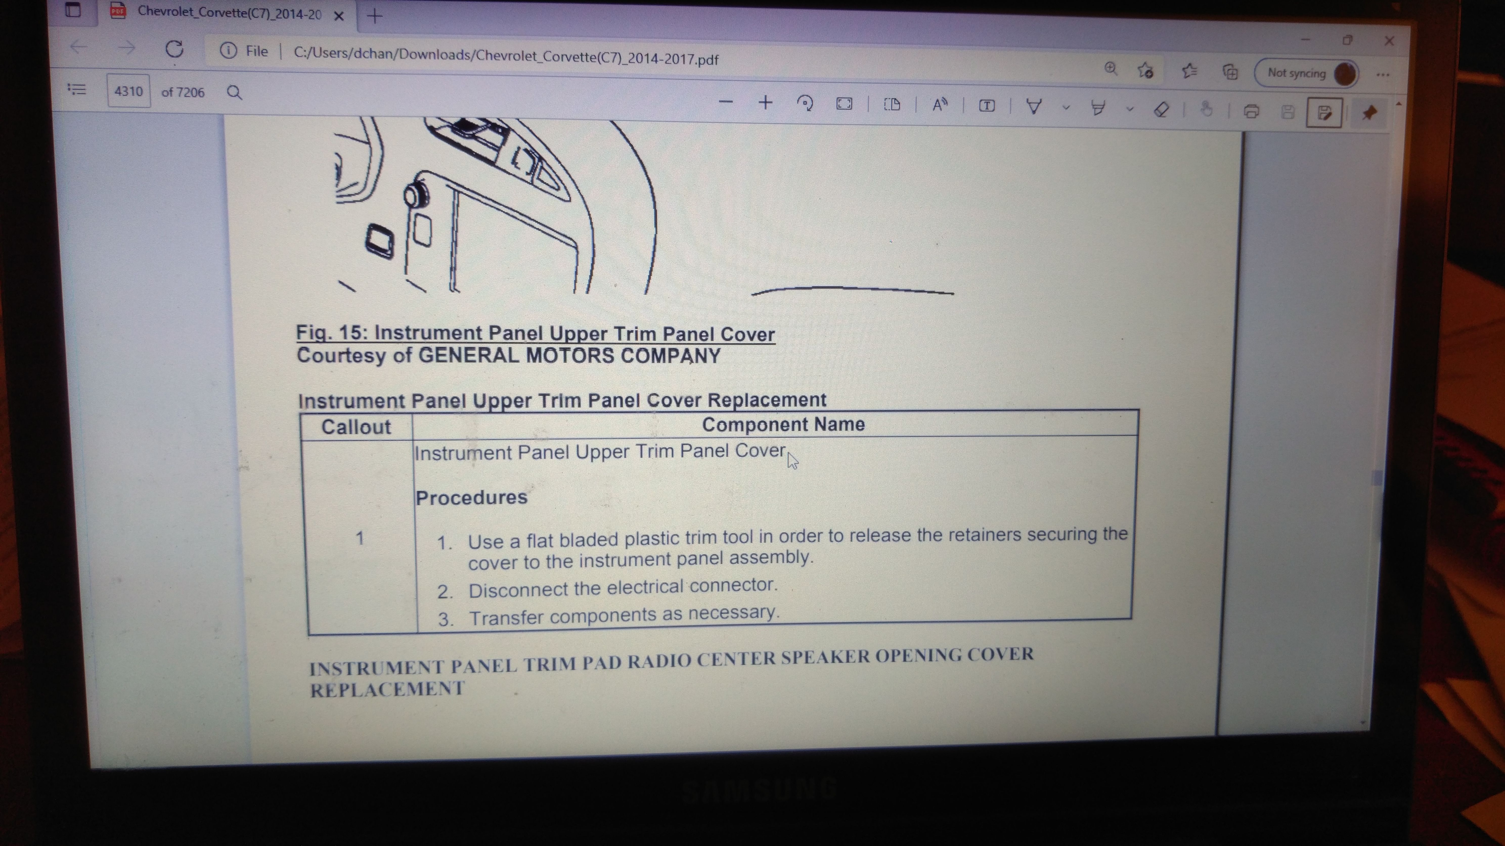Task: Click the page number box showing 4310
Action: coord(128,91)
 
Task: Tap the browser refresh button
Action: coord(174,49)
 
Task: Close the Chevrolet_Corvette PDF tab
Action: coord(338,16)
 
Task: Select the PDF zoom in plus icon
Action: coord(765,103)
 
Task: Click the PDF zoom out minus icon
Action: coord(726,102)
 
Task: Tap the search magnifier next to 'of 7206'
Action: coord(234,92)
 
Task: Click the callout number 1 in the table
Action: coord(360,538)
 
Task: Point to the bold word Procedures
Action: coord(472,498)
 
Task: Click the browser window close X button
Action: coord(1389,41)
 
